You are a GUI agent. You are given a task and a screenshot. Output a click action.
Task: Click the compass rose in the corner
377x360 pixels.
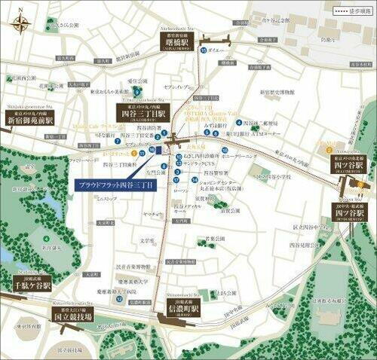pyautogui.click(x=20, y=23)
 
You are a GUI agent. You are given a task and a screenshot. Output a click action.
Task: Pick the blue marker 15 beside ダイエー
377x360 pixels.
pyautogui.click(x=204, y=50)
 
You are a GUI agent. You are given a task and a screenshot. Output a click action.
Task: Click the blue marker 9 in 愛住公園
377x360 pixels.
pyautogui.click(x=137, y=93)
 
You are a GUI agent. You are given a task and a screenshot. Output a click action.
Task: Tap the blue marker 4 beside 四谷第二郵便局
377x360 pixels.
pyautogui.click(x=239, y=122)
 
